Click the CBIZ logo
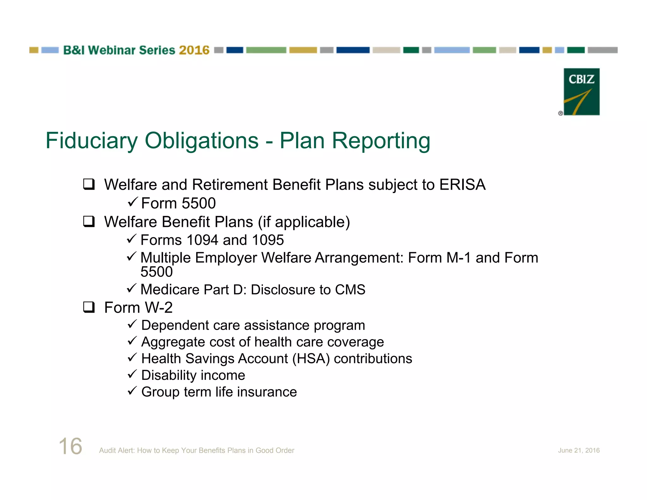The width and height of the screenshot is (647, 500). pos(581,92)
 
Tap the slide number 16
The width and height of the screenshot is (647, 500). pos(70,446)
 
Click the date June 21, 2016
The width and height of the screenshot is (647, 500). pos(578,450)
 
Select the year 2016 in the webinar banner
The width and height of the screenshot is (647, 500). pos(194,50)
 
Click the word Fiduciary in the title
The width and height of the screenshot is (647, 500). pos(92,141)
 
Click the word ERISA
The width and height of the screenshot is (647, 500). pos(462,185)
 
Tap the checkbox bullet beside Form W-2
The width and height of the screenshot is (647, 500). pos(89,307)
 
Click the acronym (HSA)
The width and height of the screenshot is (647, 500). pos(311,359)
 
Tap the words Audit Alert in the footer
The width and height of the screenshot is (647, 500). pos(117,450)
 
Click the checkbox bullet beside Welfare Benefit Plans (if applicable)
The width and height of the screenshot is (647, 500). pos(89,222)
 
